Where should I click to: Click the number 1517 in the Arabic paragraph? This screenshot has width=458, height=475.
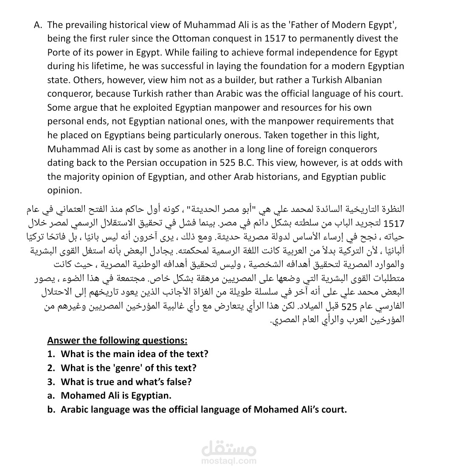394,223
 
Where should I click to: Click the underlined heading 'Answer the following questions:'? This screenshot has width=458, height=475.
117,340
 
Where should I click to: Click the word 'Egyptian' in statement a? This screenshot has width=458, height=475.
151,396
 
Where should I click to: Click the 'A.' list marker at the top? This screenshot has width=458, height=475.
38,24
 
